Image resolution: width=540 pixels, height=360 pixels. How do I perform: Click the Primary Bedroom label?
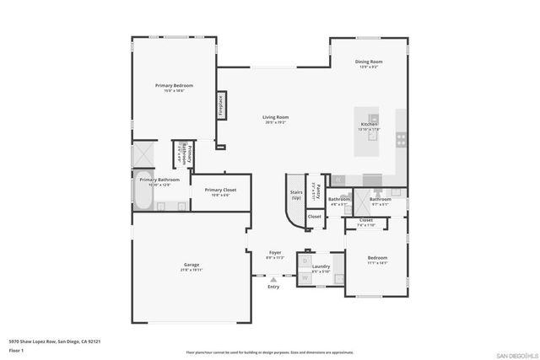[175, 86]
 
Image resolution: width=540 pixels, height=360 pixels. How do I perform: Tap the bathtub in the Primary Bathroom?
[142, 200]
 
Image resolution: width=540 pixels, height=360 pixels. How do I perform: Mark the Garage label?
[192, 267]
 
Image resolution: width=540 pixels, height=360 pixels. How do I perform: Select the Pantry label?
[316, 189]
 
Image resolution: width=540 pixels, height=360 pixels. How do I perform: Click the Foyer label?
[275, 253]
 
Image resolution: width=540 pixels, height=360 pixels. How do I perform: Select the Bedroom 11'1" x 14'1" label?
[376, 259]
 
